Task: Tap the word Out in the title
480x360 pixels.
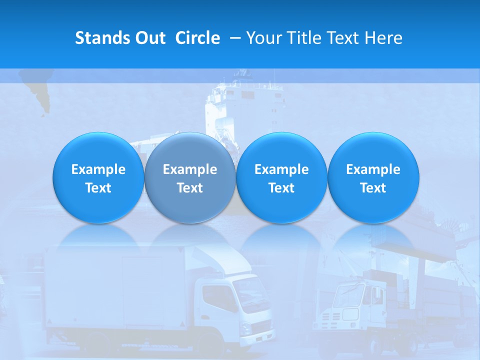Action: (149, 38)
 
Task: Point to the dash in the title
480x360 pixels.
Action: (236, 38)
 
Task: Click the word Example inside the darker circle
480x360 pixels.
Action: (190, 169)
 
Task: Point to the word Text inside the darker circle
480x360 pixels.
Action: (190, 188)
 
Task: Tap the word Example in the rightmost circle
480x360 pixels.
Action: (373, 169)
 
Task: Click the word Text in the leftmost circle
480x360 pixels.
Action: (98, 188)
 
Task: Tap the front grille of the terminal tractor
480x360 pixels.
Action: (334, 315)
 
